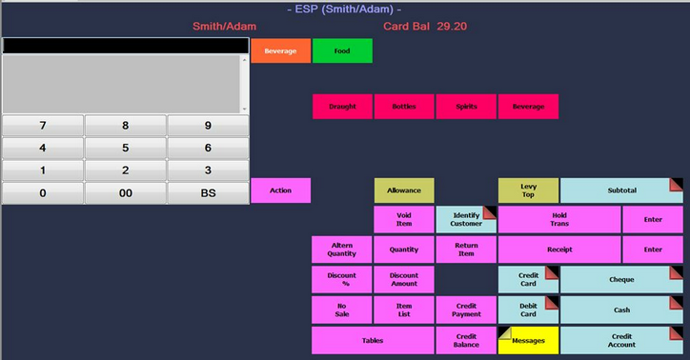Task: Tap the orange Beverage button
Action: (280, 50)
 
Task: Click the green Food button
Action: (342, 50)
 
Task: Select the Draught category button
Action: (342, 107)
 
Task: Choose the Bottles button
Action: (404, 107)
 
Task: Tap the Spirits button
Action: (466, 107)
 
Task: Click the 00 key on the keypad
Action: (125, 192)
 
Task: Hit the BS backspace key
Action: (208, 192)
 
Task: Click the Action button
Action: (280, 190)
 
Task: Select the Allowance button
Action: (404, 190)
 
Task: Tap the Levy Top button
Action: (528, 190)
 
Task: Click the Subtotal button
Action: (621, 190)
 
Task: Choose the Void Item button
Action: (404, 220)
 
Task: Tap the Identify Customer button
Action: (466, 220)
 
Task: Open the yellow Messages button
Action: (528, 340)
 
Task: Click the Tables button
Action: (373, 340)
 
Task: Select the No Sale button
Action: (342, 310)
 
